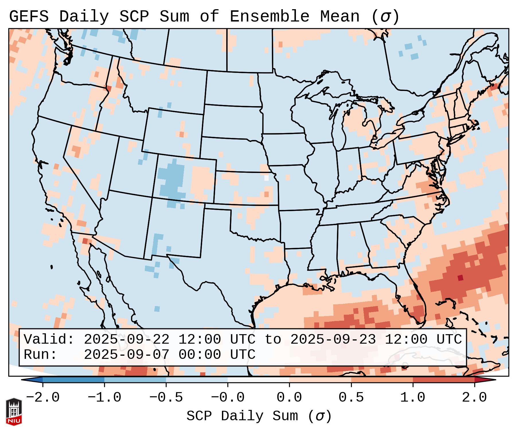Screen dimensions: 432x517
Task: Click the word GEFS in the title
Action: [29, 17]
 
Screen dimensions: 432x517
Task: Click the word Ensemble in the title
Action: [269, 17]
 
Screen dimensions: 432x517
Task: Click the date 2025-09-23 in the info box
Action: [333, 340]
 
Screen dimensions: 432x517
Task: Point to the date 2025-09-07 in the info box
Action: [126, 355]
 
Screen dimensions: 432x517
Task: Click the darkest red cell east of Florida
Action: [460, 278]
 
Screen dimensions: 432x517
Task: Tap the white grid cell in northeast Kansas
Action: [266, 178]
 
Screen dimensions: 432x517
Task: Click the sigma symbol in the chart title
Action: [385, 17]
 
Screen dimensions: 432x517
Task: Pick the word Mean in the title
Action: [340, 17]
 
